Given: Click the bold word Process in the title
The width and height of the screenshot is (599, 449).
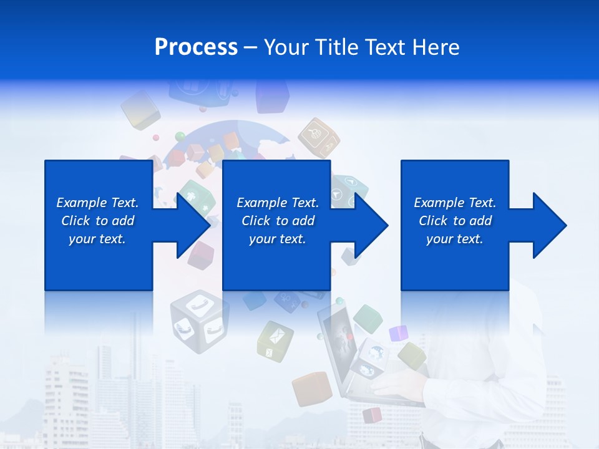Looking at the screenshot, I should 196,47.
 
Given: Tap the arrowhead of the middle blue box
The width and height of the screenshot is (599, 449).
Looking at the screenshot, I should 371,225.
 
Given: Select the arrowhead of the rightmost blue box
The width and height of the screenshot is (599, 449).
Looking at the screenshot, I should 548,225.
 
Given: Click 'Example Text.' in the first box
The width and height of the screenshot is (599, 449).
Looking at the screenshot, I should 97,203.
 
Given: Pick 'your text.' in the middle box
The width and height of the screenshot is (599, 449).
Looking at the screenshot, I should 277,239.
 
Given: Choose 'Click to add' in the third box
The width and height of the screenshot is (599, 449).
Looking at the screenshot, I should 455,221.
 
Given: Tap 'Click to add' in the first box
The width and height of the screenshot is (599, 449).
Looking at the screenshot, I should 97,221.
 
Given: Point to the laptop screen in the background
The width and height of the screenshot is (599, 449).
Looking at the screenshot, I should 337,340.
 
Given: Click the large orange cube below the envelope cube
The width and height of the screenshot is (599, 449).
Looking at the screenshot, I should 311,389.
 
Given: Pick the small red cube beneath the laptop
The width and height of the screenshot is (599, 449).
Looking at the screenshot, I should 373,415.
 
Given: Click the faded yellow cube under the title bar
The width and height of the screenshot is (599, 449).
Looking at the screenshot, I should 140,109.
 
